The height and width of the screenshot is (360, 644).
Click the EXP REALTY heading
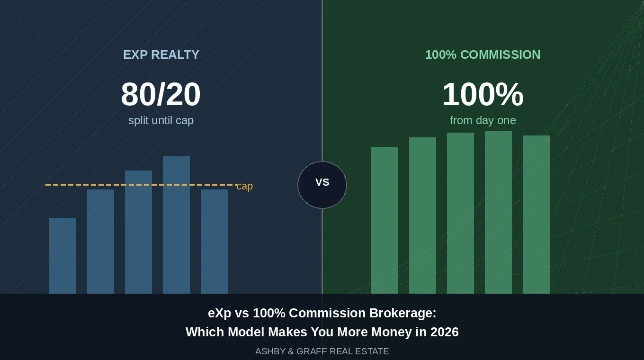161,55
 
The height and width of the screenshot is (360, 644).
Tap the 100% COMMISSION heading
483,55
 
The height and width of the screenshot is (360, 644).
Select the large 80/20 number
161,94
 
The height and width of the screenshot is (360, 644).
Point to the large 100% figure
483,94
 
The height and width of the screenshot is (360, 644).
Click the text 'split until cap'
161,120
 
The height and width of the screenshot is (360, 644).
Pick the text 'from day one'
483,120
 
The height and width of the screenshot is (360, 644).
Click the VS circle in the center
322,185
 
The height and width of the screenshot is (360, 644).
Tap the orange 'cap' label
244,186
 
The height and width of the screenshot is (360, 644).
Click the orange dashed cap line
142,185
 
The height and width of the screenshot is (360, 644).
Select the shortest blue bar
63,256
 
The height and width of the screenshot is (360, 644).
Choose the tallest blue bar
176,225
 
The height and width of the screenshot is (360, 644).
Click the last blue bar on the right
214,242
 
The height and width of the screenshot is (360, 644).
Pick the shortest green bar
385,220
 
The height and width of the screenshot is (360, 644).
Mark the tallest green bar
498,212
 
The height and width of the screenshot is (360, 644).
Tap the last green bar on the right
536,215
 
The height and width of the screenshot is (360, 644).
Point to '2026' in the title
444,332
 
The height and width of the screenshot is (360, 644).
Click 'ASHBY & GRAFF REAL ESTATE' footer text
322,351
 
